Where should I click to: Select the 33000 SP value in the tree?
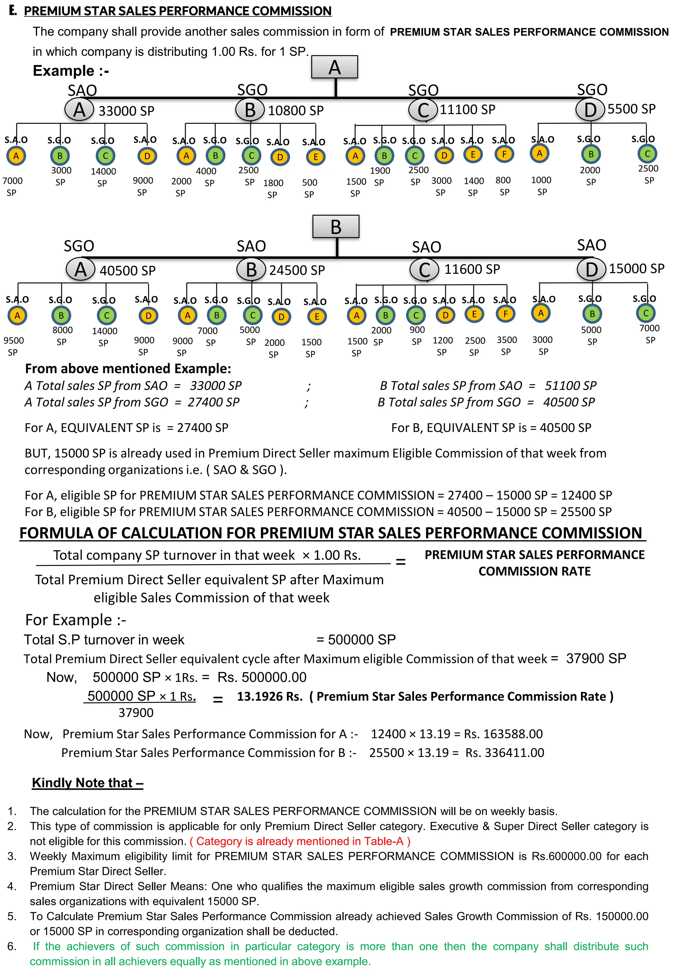point(126,111)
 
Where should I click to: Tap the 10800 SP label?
point(296,110)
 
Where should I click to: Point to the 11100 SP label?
point(467,110)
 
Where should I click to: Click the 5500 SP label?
point(631,109)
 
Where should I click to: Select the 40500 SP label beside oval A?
point(127,270)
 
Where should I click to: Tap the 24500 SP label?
point(297,270)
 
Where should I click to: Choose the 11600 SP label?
point(472,269)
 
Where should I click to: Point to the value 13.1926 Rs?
point(269,696)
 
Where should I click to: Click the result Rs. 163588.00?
point(503,734)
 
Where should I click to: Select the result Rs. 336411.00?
point(504,752)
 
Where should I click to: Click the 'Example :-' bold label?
point(71,71)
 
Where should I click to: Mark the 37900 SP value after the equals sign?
point(595,658)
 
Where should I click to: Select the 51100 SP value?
point(570,386)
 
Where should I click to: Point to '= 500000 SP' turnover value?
point(356,639)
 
